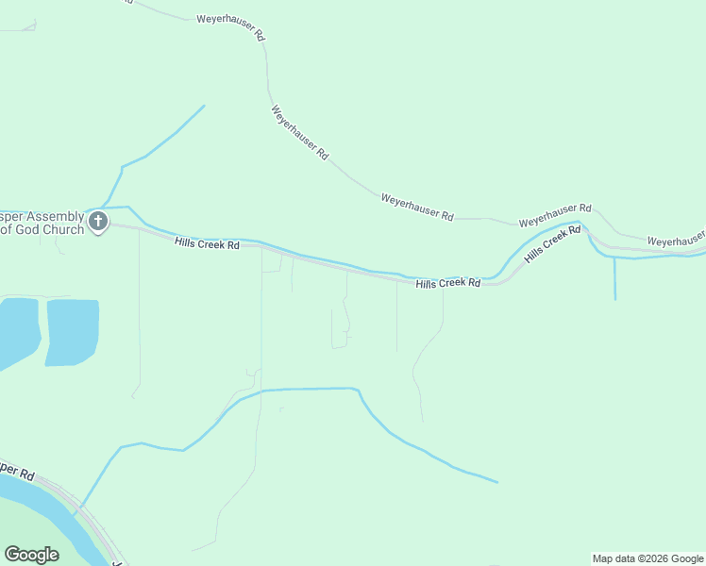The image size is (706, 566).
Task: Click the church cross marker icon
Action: (98, 223)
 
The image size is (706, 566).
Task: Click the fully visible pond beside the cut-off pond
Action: (72, 331)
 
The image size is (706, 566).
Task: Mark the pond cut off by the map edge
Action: (17, 329)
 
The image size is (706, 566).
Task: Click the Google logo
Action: (31, 555)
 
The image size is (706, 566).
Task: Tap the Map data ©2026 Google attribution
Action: (647, 558)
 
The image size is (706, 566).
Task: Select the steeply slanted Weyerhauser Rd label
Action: (299, 132)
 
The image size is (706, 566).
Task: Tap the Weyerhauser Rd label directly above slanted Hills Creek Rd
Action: (555, 214)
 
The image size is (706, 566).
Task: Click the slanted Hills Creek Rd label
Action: (552, 245)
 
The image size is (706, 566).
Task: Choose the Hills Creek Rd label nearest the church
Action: (208, 244)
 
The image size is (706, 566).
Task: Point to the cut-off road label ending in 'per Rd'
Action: (18, 468)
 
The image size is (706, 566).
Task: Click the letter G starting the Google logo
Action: (11, 555)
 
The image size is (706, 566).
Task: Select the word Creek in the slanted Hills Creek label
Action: (555, 244)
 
